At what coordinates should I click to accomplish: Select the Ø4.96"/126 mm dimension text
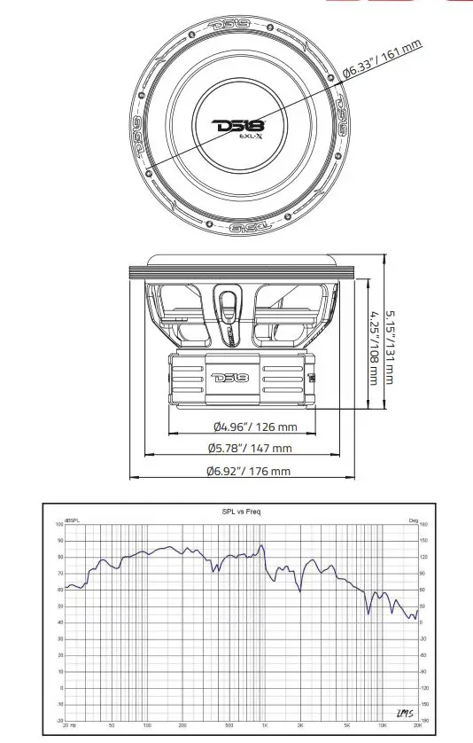[x=251, y=426]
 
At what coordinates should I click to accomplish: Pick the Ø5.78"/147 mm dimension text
[x=251, y=449]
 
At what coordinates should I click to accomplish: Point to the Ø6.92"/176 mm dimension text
[x=249, y=471]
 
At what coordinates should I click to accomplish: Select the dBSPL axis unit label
[x=71, y=520]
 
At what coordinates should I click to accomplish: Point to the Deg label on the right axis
[x=412, y=520]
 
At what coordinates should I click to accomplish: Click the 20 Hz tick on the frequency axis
[x=71, y=725]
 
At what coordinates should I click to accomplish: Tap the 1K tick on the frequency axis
[x=263, y=725]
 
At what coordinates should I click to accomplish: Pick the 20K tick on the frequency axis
[x=416, y=725]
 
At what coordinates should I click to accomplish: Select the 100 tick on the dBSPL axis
[x=59, y=525]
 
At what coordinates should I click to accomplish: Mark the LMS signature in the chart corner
[x=399, y=714]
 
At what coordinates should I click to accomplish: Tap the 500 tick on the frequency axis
[x=229, y=725]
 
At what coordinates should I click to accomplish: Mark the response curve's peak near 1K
[x=261, y=546]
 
